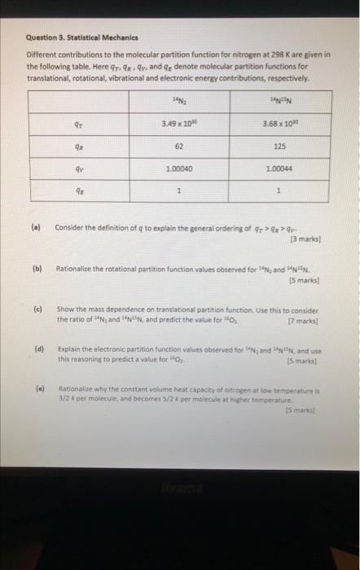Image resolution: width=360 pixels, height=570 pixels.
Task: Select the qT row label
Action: (x=77, y=125)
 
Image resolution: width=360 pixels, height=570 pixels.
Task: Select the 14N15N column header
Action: (x=279, y=101)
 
